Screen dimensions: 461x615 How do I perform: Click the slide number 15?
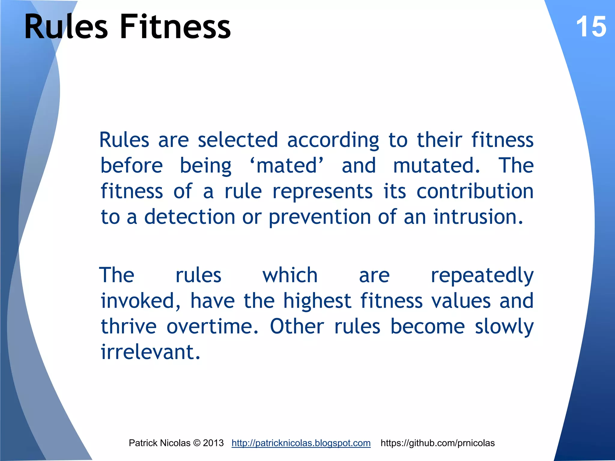pyautogui.click(x=591, y=27)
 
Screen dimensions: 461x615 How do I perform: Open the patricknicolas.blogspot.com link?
pyautogui.click(x=301, y=443)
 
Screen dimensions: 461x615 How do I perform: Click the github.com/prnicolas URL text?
pyautogui.click(x=438, y=443)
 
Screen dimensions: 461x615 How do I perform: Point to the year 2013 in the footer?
pyautogui.click(x=213, y=443)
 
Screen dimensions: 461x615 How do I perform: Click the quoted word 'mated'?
pyautogui.click(x=287, y=166)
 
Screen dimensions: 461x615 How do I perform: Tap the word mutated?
pyautogui.click(x=436, y=166)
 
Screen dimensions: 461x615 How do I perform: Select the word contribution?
pyautogui.click(x=475, y=191)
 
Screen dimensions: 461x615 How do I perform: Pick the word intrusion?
pyautogui.click(x=478, y=217)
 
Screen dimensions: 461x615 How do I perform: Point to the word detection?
pyautogui.click(x=190, y=217)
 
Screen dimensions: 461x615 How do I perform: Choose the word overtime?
pyautogui.click(x=212, y=327)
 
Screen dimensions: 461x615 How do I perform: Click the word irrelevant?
pyautogui.click(x=150, y=352)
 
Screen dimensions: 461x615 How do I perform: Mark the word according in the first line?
pyautogui.click(x=333, y=140)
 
